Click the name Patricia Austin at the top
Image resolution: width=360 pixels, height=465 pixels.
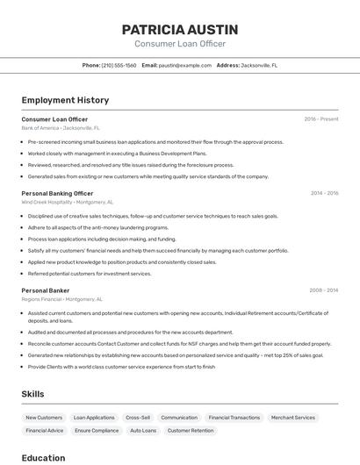click(x=180, y=29)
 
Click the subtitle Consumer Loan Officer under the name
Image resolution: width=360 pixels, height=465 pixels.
click(x=180, y=44)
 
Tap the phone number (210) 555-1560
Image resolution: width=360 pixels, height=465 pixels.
click(x=119, y=65)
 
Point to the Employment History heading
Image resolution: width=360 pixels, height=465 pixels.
click(x=65, y=100)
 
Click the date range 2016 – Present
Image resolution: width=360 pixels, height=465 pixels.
click(x=321, y=118)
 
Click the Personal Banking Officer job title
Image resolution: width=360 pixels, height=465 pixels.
click(x=57, y=193)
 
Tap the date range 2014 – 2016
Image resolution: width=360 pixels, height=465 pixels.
click(x=324, y=193)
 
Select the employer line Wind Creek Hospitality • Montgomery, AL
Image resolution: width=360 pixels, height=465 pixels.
click(x=68, y=202)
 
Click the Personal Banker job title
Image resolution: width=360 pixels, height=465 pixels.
click(x=46, y=290)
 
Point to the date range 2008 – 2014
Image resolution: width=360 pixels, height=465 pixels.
click(x=324, y=290)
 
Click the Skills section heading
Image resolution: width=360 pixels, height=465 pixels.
click(x=32, y=394)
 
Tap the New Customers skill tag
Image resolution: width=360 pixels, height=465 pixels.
click(x=44, y=418)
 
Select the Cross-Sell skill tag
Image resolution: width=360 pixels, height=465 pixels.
click(x=138, y=418)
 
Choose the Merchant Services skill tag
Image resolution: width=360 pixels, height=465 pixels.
click(x=292, y=418)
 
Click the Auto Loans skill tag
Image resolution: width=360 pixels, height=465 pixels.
click(x=143, y=431)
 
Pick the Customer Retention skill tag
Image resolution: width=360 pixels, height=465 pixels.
click(x=191, y=431)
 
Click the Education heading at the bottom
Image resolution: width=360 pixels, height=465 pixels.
click(x=43, y=457)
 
